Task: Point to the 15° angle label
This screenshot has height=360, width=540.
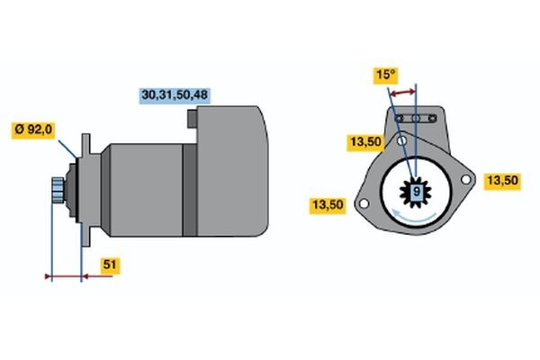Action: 385,76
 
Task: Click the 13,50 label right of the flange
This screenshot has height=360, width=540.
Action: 501,181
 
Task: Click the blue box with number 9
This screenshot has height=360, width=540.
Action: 416,192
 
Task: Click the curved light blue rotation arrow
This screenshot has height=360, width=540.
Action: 416,217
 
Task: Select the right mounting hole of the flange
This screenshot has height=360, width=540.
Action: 465,180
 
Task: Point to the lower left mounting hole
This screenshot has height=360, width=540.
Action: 363,204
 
